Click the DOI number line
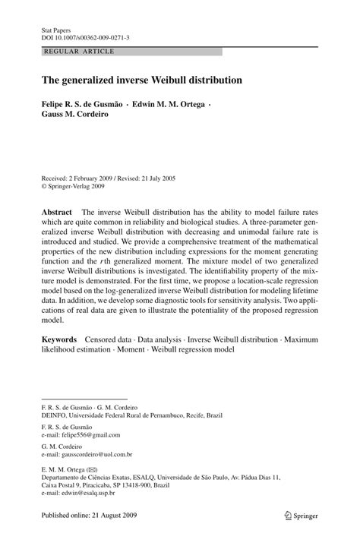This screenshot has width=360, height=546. (85, 36)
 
